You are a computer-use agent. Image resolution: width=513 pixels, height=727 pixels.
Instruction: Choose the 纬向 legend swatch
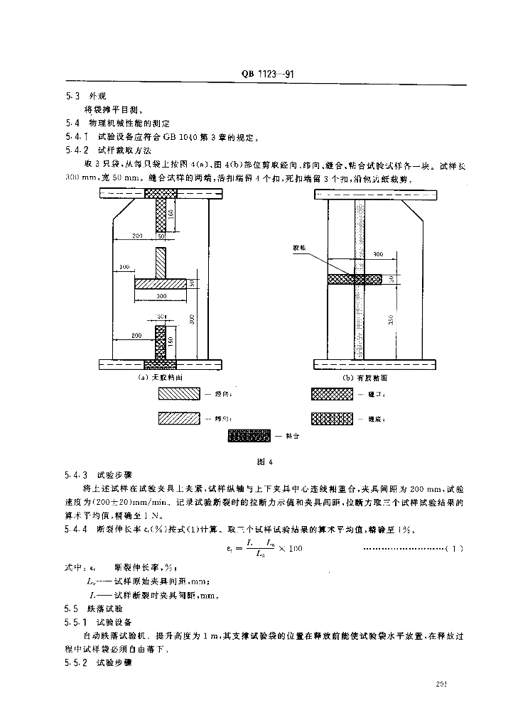pyautogui.click(x=178, y=419)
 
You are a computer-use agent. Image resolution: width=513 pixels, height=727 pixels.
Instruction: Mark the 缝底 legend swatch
pyautogui.click(x=331, y=419)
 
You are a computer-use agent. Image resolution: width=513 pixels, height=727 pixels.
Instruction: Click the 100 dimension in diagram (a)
pyautogui.click(x=126, y=267)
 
